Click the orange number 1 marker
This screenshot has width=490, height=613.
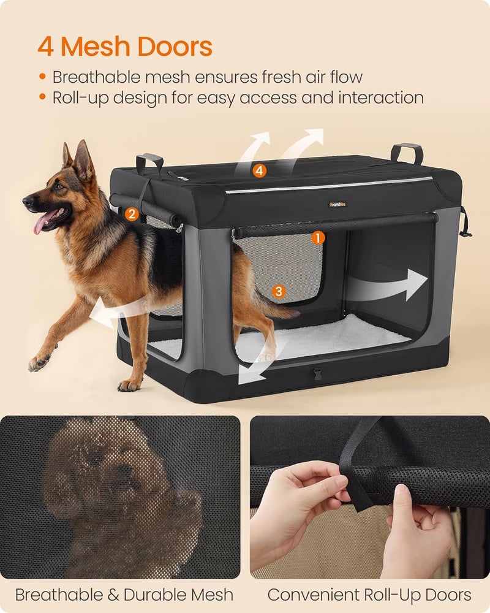click(317, 235)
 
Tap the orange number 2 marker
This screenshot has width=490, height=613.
click(130, 214)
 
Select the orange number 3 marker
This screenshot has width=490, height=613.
click(279, 291)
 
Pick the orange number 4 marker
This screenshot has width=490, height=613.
click(260, 171)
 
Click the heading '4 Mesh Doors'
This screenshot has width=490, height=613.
click(125, 46)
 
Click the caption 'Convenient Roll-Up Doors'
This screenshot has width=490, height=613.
click(369, 594)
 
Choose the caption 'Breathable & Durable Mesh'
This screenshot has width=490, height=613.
click(124, 594)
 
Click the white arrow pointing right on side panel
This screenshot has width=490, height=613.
click(392, 284)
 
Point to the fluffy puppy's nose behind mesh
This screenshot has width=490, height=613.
click(125, 471)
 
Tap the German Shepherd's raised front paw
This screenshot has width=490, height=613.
click(39, 362)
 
